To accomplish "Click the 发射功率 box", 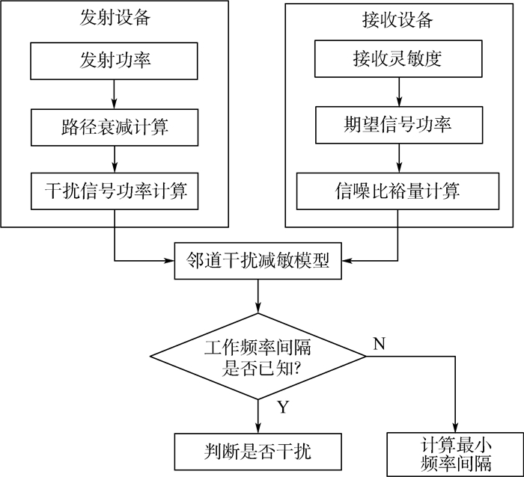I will [114, 59].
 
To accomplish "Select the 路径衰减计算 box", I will [114, 126].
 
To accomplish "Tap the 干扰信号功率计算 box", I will [114, 191].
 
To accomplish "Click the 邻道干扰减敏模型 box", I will [258, 261].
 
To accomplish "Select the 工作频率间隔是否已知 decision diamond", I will [258, 357].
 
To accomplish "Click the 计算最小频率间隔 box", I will [455, 453].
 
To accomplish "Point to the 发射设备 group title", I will [114, 18].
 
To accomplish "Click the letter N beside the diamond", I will [379, 343].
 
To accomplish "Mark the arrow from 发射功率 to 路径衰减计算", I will [114, 92].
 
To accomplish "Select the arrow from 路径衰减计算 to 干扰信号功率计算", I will [114, 158].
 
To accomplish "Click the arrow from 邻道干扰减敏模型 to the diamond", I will [258, 297].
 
